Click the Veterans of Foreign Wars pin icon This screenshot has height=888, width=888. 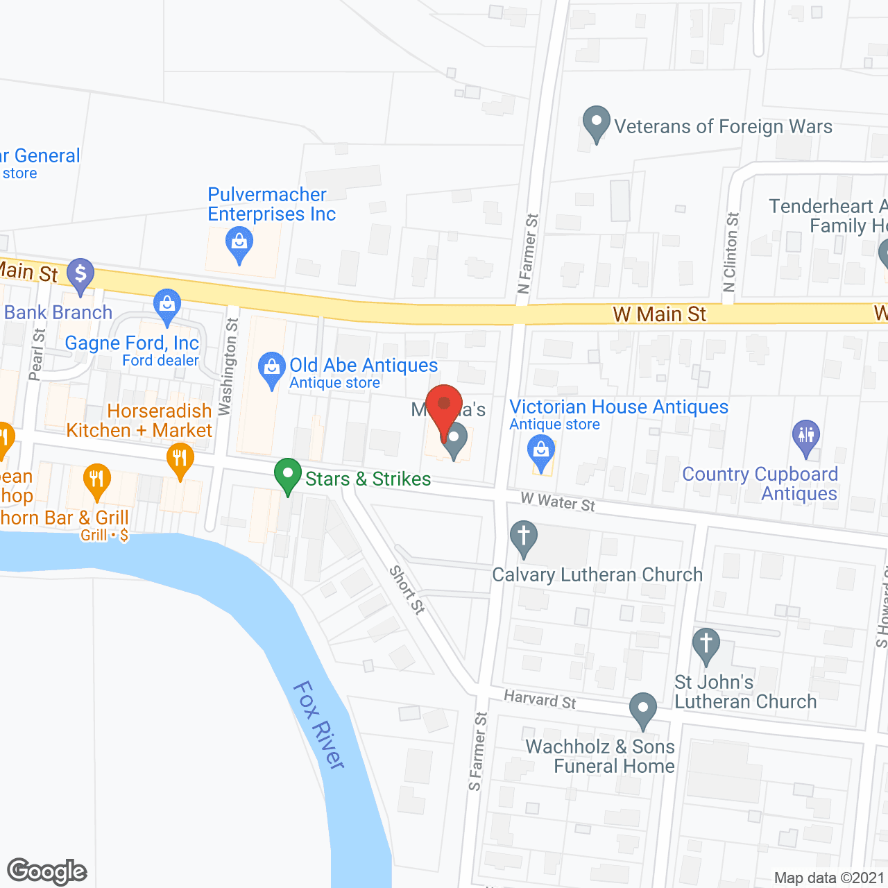596,123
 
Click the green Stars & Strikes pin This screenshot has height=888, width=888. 287,477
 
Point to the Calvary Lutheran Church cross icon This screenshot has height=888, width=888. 524,538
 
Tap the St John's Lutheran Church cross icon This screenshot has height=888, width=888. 706,646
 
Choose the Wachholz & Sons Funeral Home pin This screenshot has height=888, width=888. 643,710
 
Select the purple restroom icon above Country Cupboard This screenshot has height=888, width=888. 806,437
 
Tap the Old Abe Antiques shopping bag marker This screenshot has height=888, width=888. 271,370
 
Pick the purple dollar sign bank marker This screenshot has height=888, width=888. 80,274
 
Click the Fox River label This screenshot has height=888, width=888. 320,725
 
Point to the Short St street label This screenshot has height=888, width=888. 407,590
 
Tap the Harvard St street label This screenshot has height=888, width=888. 540,699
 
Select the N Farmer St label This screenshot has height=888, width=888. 528,253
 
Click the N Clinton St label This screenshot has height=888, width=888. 731,253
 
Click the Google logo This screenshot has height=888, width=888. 46,871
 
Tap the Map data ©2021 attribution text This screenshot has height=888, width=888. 829,878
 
